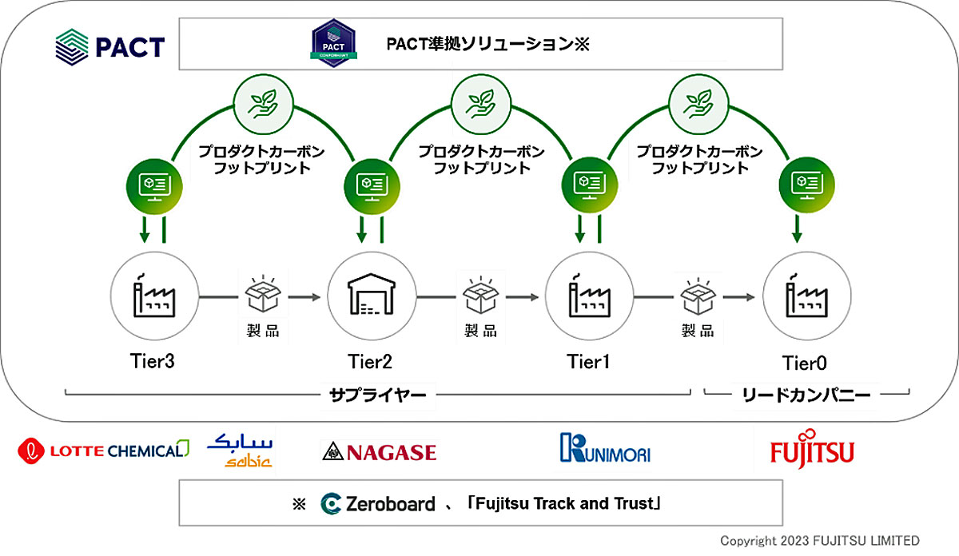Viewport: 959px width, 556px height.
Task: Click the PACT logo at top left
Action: [x=110, y=47]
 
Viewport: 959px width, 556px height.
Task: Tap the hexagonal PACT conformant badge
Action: [x=333, y=43]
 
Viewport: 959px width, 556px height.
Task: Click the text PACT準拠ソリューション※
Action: [x=488, y=44]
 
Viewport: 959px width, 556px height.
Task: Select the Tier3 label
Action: [x=153, y=361]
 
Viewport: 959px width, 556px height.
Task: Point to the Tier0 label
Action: [x=805, y=363]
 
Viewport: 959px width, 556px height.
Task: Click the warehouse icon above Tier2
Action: [x=372, y=295]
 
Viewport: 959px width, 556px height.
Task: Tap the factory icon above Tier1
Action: [x=590, y=296]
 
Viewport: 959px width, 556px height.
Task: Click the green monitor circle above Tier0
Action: [x=806, y=185]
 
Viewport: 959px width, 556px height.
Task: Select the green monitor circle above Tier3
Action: [x=154, y=187]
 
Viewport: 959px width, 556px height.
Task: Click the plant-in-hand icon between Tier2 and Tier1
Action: [x=481, y=105]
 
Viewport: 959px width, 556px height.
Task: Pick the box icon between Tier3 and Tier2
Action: [x=263, y=294]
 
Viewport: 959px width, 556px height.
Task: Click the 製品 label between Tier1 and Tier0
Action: [x=698, y=331]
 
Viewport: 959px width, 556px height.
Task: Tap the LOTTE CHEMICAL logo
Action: [x=103, y=451]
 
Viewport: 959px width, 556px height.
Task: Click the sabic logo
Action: [x=240, y=450]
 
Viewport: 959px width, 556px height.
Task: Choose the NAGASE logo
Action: [x=380, y=452]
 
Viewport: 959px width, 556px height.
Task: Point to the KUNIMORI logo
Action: [x=605, y=448]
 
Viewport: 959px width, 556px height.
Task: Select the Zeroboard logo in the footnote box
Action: [x=378, y=504]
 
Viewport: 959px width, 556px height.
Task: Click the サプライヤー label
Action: [x=377, y=395]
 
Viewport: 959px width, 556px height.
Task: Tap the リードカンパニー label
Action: [x=806, y=395]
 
